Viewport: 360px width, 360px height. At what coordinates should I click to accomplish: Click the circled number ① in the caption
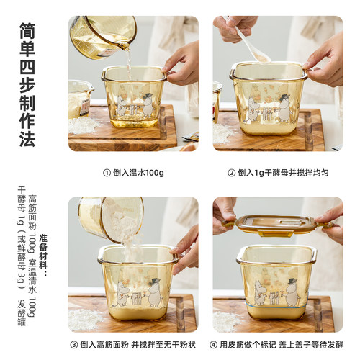click(x=107, y=173)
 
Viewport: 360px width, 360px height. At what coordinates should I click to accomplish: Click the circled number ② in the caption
click(x=232, y=173)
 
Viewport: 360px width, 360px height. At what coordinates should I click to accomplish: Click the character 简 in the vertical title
click(x=27, y=33)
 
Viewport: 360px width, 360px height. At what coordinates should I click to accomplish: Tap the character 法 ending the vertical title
click(x=27, y=138)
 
